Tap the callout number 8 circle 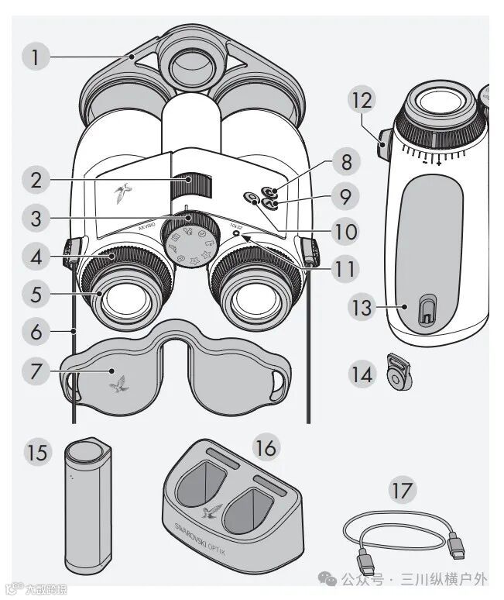[x=345, y=164]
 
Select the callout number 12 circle [x=364, y=100]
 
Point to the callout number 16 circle [x=266, y=447]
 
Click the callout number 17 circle [x=403, y=490]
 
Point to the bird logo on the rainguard [x=119, y=382]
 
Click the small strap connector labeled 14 [x=396, y=374]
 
